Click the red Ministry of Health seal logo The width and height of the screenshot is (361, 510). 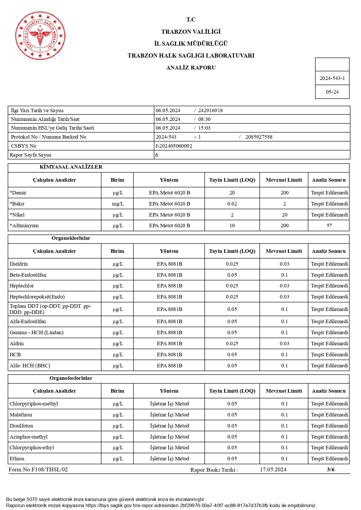40,36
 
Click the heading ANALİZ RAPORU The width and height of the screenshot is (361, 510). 191,68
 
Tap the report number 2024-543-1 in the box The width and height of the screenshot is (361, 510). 332,78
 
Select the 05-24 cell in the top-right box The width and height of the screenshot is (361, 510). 332,92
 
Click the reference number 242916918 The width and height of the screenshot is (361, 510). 210,110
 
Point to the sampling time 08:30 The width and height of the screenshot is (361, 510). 204,119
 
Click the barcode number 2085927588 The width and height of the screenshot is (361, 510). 259,137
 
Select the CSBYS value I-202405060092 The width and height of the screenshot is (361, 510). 174,146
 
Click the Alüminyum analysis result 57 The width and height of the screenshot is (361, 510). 329,226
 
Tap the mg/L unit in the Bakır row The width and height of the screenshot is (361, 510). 118,204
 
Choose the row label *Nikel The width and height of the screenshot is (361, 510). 17,215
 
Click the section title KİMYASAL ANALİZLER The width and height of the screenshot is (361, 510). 71,167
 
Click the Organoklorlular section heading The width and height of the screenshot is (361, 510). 71,238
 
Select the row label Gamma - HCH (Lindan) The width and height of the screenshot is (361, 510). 36,332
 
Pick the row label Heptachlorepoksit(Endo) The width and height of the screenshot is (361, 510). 37,297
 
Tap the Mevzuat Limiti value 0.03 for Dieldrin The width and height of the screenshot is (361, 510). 284,264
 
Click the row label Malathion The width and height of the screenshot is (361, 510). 21,415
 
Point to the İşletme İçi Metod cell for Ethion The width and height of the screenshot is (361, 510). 169,459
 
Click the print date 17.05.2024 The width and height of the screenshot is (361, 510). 273,470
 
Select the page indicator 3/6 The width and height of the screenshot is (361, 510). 330,470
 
